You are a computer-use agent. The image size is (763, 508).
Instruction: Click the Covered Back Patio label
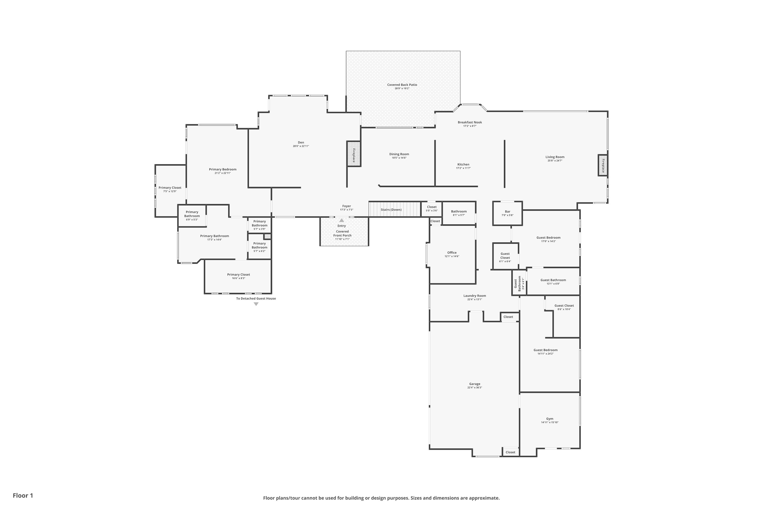point(402,85)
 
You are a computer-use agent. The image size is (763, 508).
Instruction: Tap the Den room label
point(301,142)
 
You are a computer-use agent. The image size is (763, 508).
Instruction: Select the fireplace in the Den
point(354,154)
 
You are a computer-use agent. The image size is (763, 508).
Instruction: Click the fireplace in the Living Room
point(603,165)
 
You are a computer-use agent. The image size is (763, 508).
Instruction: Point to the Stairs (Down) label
point(391,210)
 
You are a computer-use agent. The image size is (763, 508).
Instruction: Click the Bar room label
point(507,212)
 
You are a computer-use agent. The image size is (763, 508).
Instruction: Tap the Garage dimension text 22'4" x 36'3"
point(475,388)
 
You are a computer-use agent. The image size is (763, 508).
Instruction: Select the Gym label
point(550,419)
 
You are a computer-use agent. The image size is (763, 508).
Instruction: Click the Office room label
point(452,253)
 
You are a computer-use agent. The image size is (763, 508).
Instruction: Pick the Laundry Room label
point(475,295)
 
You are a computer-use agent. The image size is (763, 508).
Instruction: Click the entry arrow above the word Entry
point(341,220)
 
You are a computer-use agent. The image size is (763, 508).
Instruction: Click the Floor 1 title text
point(23,495)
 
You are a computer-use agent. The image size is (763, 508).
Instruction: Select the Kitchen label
point(463,164)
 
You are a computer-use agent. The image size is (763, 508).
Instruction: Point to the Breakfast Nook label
point(470,122)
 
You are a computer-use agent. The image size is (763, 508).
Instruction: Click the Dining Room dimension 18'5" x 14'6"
point(399,158)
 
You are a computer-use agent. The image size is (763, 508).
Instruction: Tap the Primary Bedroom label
point(223,169)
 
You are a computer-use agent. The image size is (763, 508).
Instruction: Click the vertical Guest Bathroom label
point(517,283)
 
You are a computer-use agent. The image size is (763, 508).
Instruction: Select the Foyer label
point(346,206)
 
